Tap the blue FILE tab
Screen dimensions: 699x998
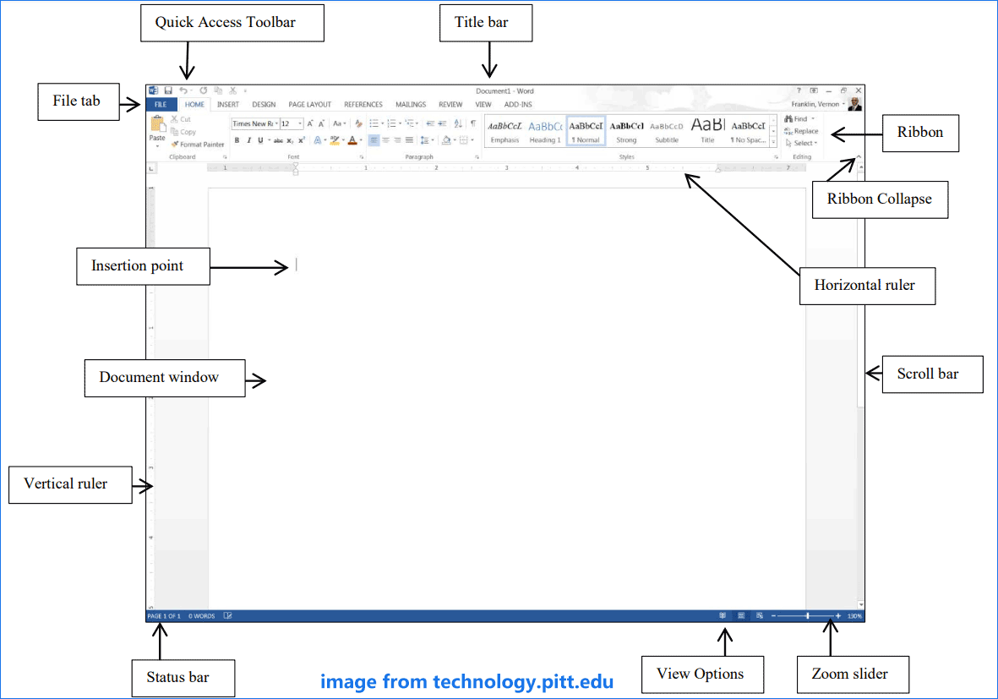tap(161, 105)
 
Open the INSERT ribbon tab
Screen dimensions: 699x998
tap(227, 105)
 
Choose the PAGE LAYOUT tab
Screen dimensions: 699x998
tap(309, 105)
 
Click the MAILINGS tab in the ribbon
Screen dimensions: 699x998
tap(411, 105)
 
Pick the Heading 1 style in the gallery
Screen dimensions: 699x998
tap(545, 131)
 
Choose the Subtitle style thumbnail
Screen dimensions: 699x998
tap(667, 131)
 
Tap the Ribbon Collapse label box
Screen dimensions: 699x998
tap(880, 199)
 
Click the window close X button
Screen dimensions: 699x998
tap(858, 90)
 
